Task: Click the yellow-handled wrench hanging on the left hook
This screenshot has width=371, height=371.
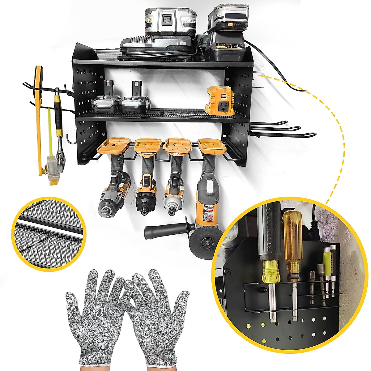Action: pyautogui.click(x=59, y=130)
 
